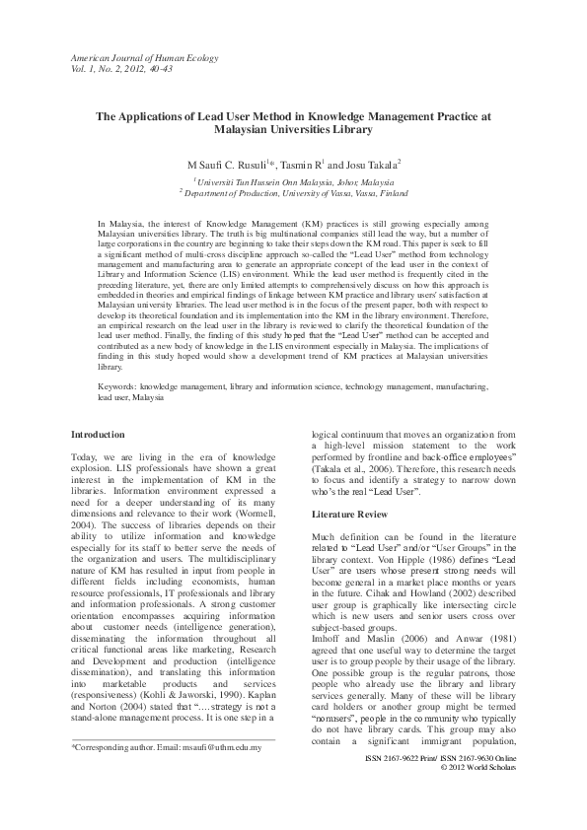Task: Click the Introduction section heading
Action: [99, 435]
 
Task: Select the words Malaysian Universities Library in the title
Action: [292, 129]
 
